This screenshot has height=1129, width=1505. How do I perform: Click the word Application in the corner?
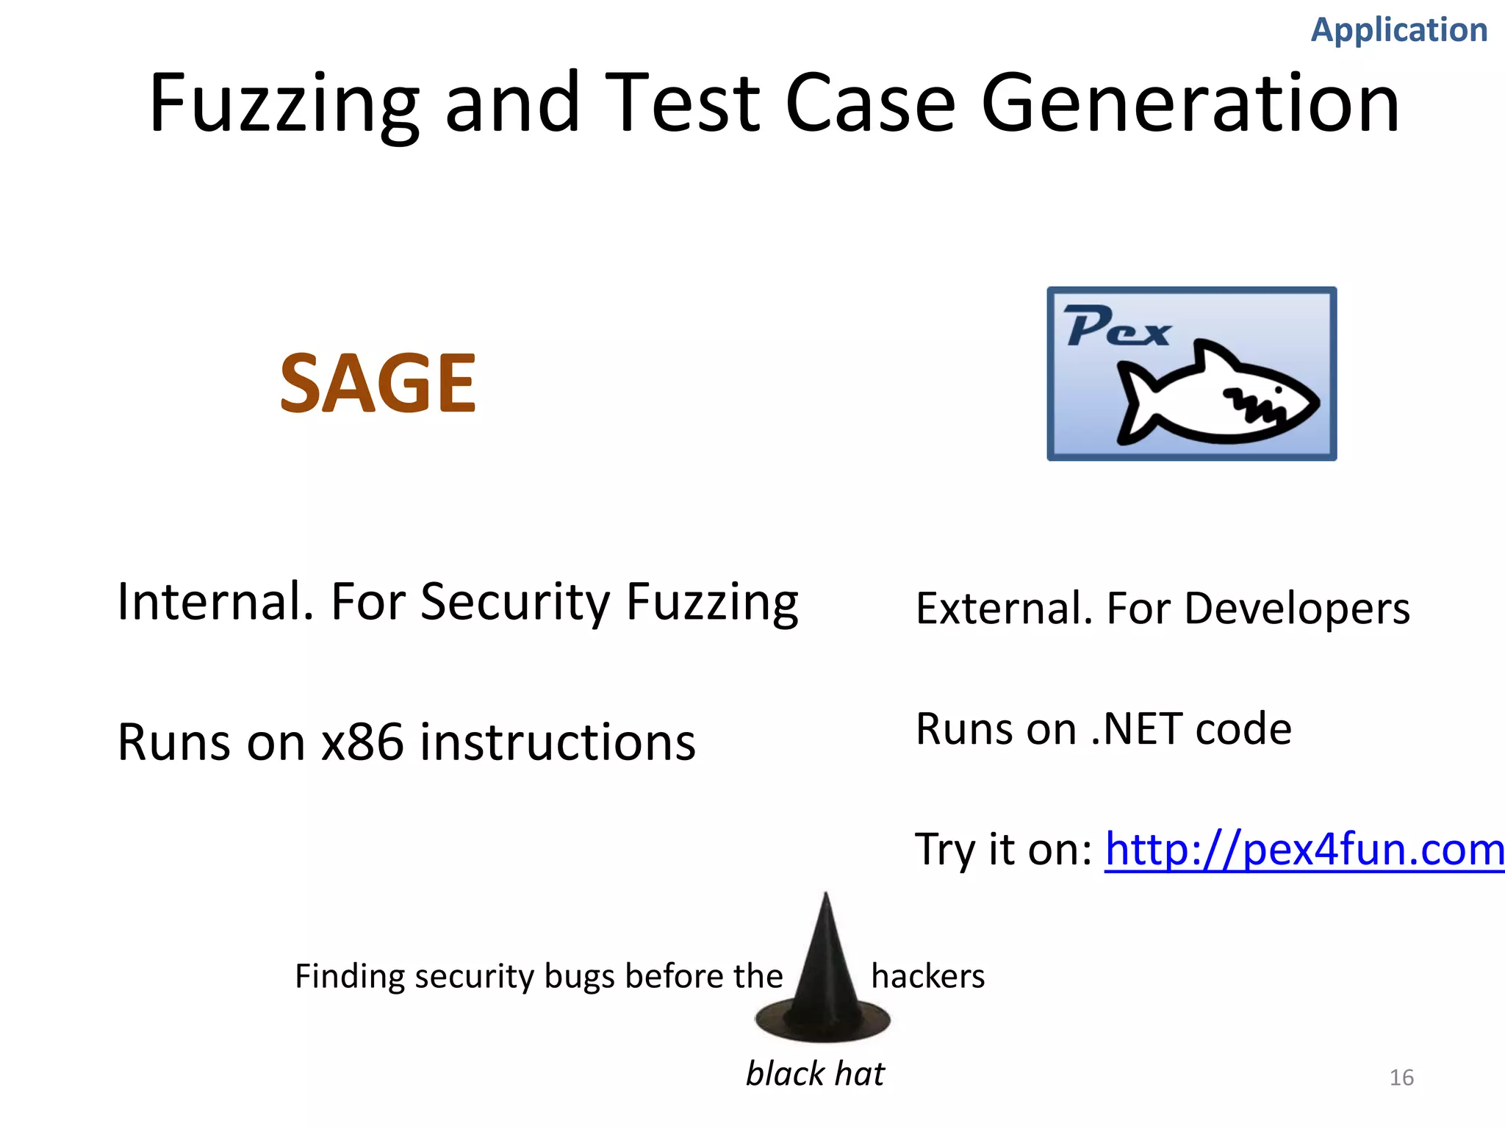click(1399, 30)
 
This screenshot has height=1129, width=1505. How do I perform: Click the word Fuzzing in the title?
click(284, 104)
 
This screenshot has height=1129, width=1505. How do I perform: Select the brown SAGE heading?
click(378, 383)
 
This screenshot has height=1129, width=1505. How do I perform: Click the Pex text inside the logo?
click(1117, 326)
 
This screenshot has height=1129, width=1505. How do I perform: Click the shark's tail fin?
click(1135, 404)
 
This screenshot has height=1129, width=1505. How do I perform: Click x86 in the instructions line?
click(363, 742)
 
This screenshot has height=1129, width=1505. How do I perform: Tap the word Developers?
click(1297, 609)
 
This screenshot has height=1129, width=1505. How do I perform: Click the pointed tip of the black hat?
click(826, 898)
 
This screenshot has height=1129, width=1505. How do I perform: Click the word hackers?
click(927, 976)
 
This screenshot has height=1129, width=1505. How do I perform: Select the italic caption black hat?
click(815, 1074)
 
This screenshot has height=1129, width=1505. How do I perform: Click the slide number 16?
click(1401, 1078)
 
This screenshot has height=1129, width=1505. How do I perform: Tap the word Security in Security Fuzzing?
click(514, 601)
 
